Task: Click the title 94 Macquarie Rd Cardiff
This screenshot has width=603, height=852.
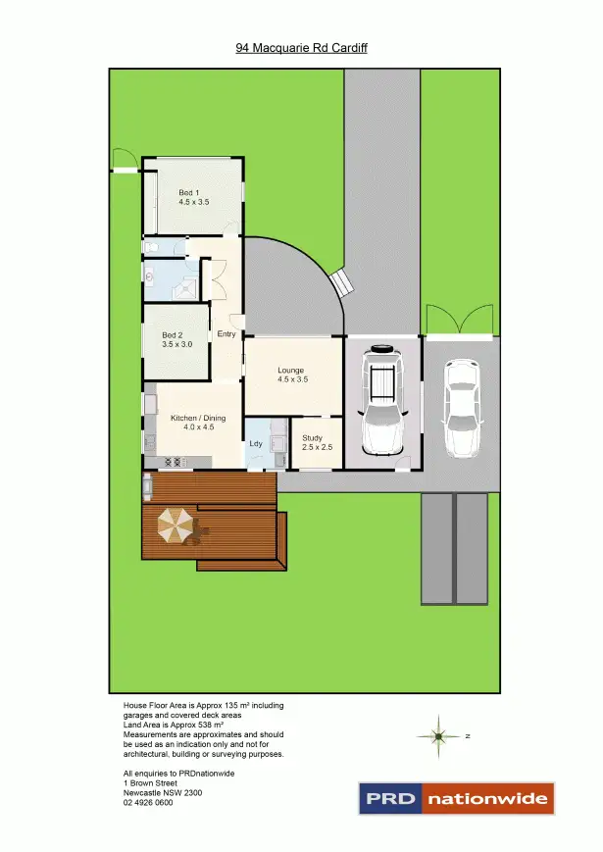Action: pos(301,47)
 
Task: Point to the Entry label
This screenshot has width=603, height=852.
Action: pos(226,334)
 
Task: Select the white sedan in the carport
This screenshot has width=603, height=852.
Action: pos(461,408)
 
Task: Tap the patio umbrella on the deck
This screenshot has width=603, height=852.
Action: pos(176,526)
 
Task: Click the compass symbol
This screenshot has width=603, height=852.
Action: pos(439,735)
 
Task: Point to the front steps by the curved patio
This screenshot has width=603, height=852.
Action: pos(342,283)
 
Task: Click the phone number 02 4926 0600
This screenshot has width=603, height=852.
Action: pos(148,803)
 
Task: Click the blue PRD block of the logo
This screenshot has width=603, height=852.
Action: pos(391,799)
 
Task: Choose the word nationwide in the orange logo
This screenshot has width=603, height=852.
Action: pos(487,799)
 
